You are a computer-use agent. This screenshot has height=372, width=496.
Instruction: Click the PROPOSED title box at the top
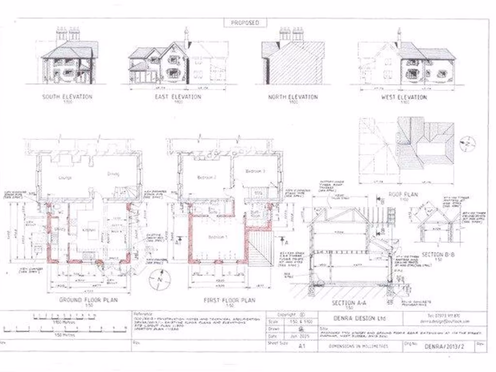pyautogui.click(x=245, y=23)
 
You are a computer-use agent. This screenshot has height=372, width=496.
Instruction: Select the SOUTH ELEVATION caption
pyautogui.click(x=67, y=97)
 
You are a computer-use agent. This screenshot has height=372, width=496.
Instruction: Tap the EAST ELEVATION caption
pyautogui.click(x=178, y=97)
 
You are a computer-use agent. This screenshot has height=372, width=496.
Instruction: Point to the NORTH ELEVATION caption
pyautogui.click(x=293, y=97)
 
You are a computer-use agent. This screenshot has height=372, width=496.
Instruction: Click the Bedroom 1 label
pyautogui.click(x=216, y=237)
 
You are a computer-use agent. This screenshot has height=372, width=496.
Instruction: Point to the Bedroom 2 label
pyautogui.click(x=206, y=177)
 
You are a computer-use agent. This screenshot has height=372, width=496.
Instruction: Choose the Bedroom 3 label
pyautogui.click(x=255, y=171)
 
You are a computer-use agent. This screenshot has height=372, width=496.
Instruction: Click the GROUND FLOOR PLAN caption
pyautogui.click(x=88, y=300)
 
